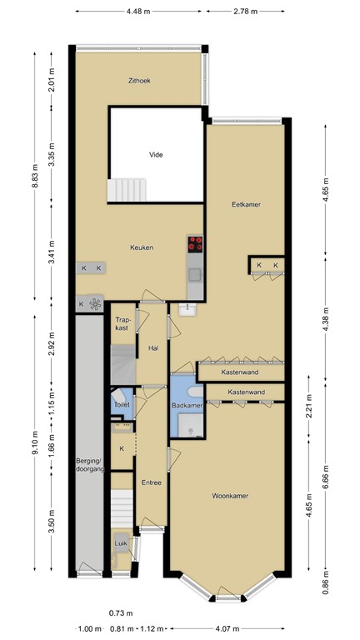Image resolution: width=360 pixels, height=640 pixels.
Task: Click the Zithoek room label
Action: (x=139, y=81)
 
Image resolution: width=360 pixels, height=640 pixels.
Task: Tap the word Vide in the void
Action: (x=155, y=154)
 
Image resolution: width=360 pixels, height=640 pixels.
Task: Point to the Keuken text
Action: (x=141, y=247)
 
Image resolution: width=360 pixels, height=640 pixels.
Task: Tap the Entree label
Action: (x=151, y=482)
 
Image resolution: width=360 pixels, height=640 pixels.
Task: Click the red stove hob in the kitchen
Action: (x=196, y=244)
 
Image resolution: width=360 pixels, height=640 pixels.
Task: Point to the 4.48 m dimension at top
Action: (x=139, y=12)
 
